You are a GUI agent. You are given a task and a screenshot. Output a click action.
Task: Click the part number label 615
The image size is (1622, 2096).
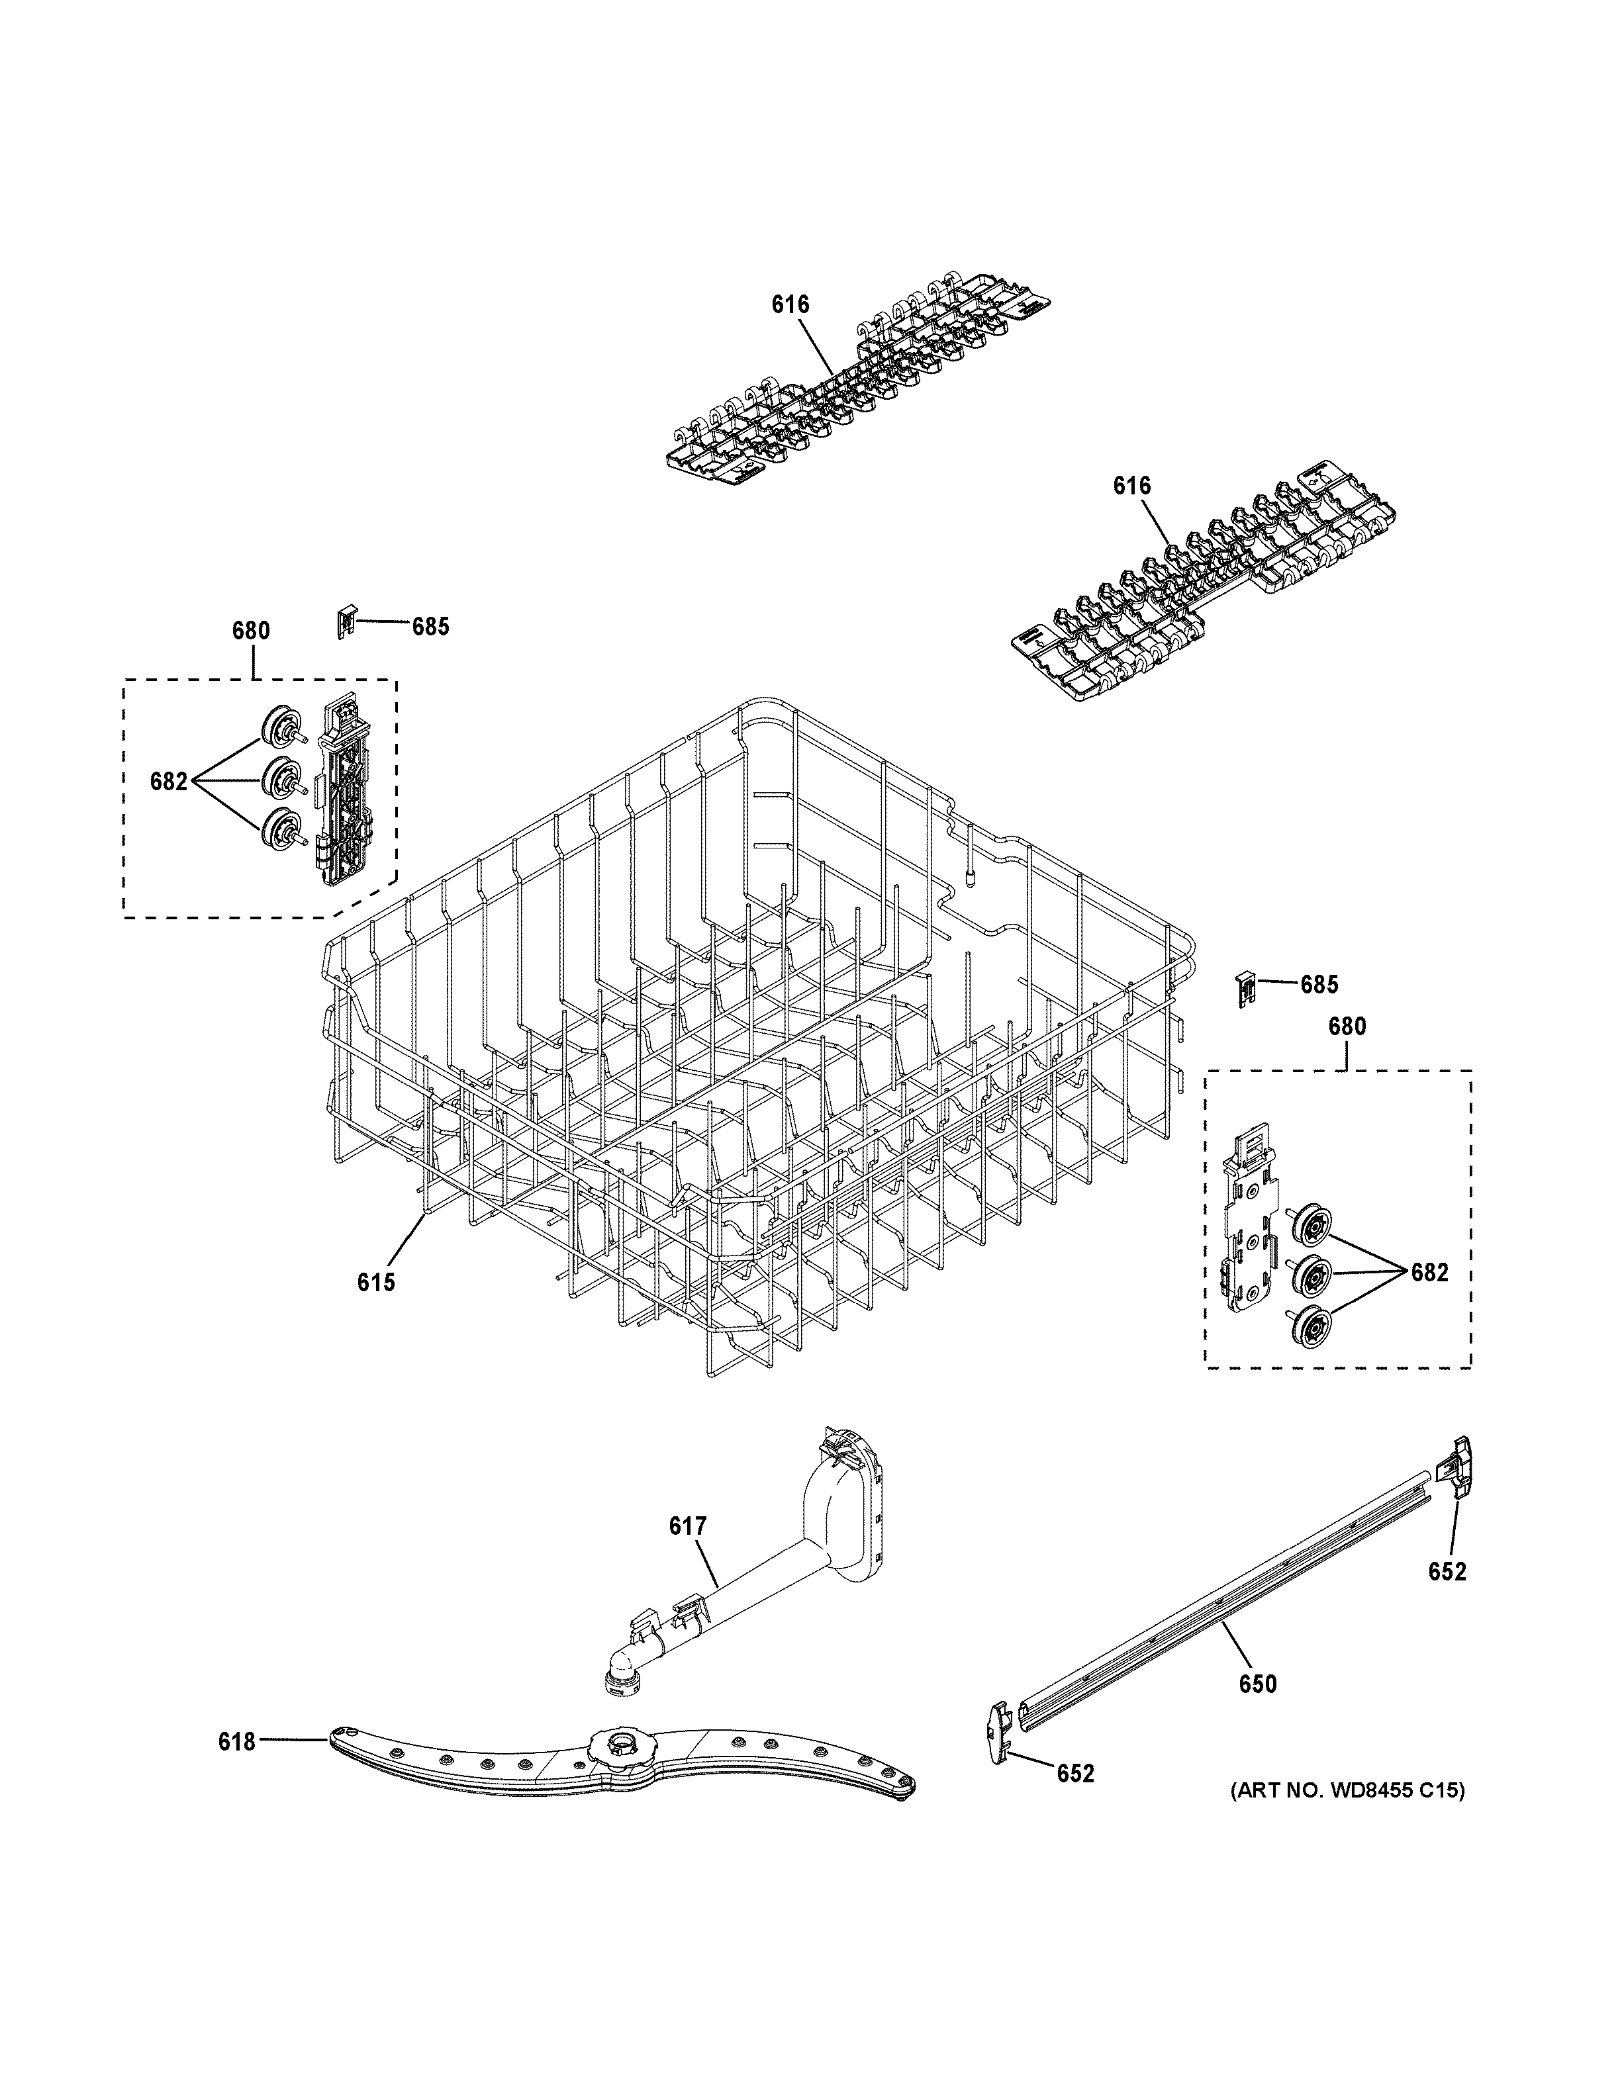[x=376, y=1282]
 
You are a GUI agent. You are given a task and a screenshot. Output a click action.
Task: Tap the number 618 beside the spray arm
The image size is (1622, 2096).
[x=237, y=1741]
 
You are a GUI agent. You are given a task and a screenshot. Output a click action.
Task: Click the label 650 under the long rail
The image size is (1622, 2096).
[x=1257, y=1683]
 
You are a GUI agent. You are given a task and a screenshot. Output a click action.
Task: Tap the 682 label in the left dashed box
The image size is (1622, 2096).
[x=169, y=781]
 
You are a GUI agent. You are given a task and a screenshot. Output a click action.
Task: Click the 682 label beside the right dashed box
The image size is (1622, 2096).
[x=1429, y=1273]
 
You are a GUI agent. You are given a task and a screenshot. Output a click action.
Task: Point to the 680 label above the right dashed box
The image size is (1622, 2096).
[x=1347, y=1026]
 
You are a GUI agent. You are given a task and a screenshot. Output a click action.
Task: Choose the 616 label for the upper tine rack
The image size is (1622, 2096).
[x=790, y=304]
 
